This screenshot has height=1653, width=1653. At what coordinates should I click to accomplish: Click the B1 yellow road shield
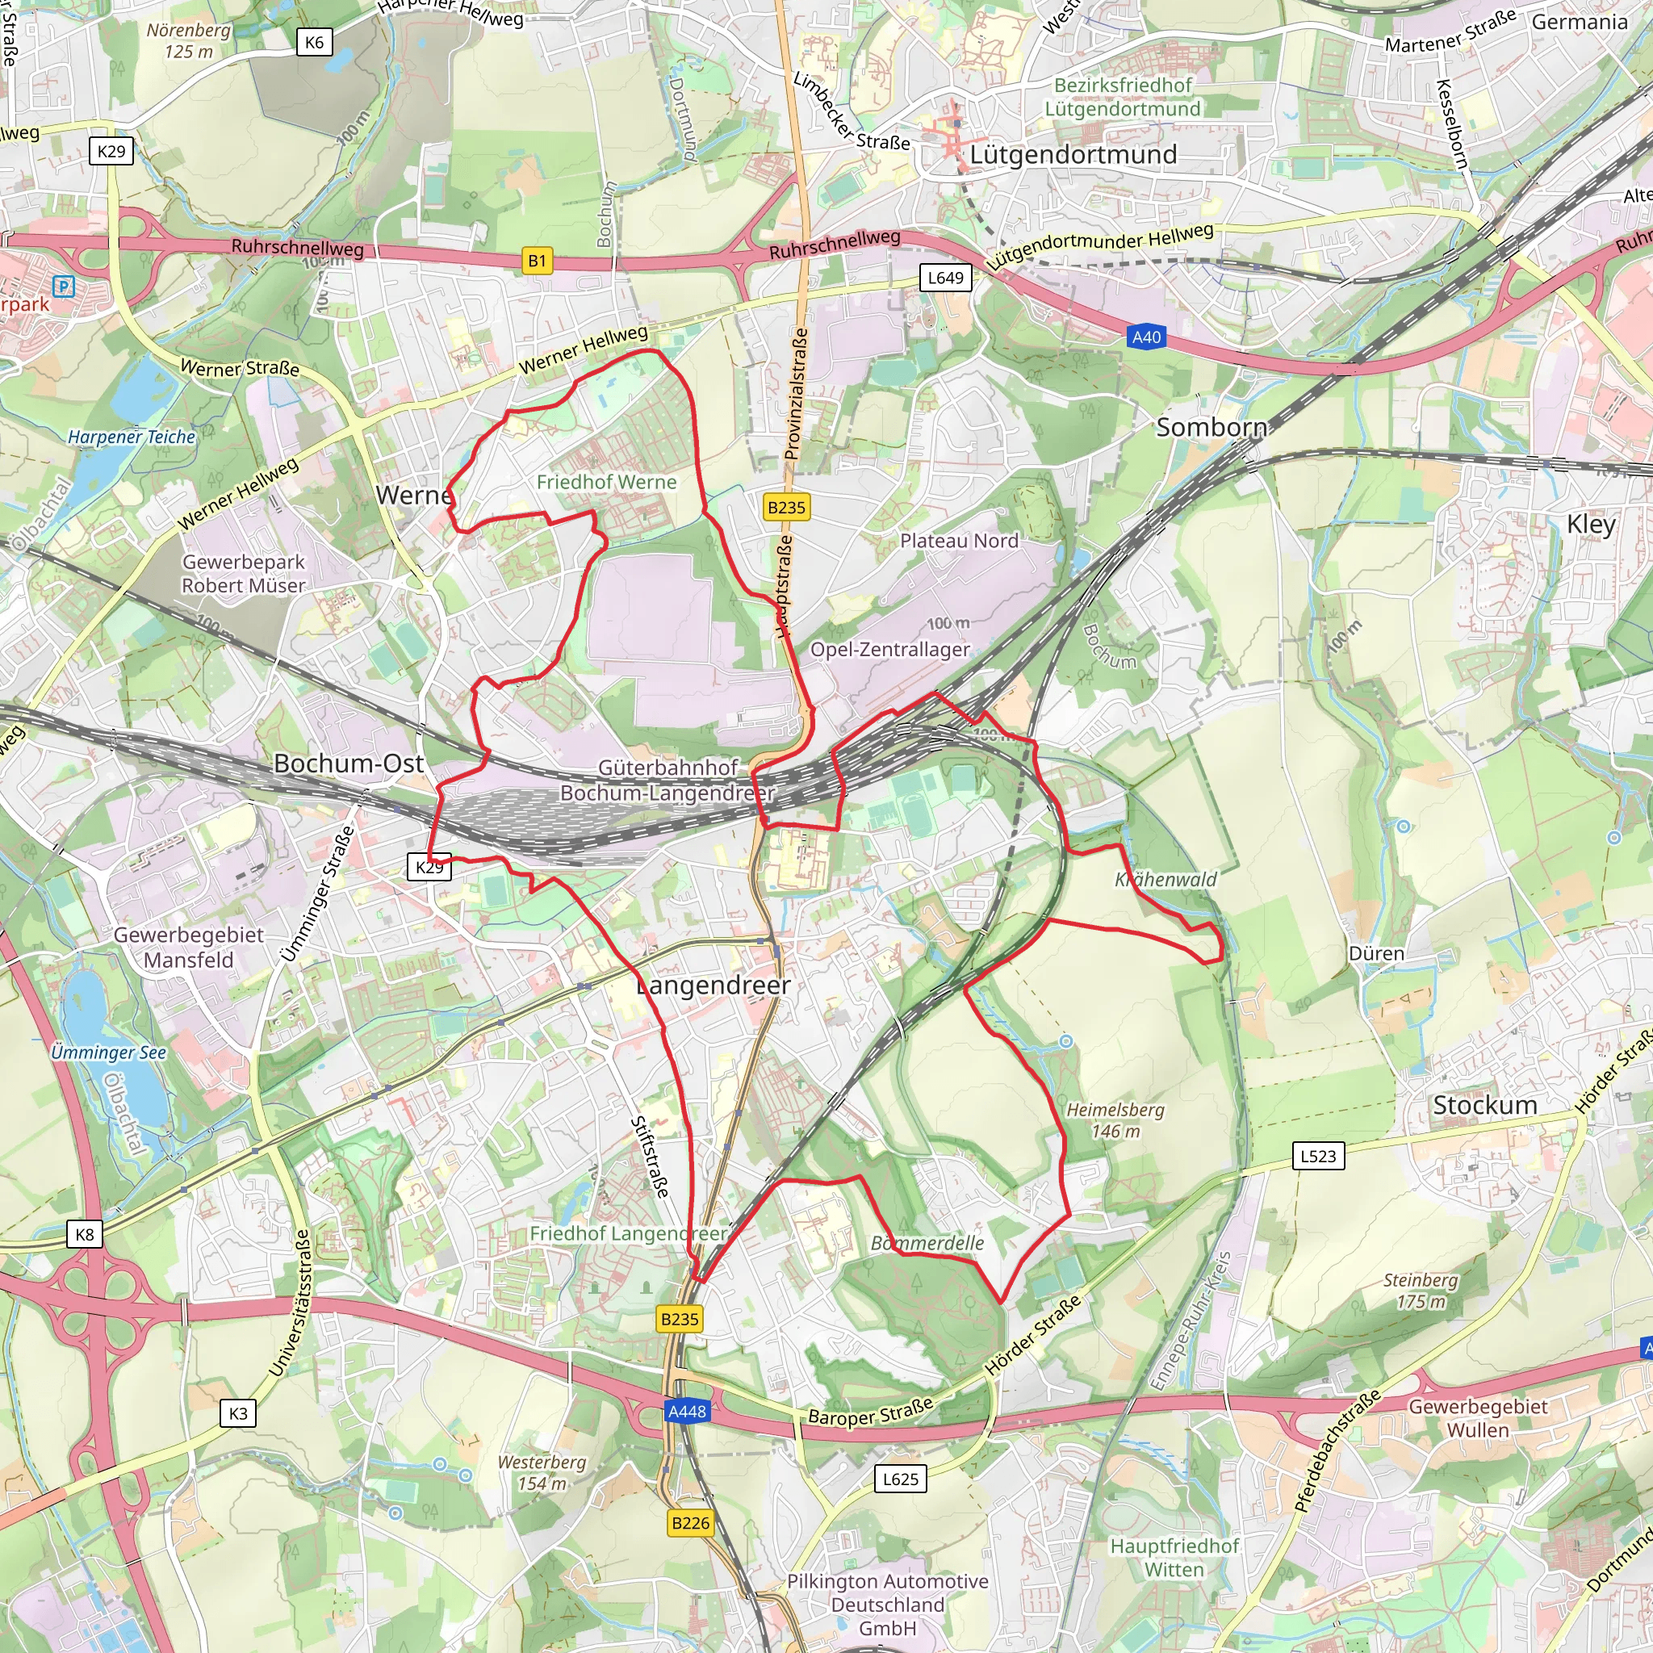pos(537,261)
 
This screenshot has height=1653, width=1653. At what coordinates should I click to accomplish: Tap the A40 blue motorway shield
pos(1146,337)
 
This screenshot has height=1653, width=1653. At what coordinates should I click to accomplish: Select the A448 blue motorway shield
pos(686,1411)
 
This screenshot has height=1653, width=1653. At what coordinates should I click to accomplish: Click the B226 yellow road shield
pos(690,1523)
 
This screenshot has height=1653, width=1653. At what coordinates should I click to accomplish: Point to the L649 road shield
pos(945,277)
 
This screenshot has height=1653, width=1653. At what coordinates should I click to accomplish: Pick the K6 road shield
pos(314,42)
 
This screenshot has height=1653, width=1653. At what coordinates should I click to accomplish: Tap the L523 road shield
pos(1317,1156)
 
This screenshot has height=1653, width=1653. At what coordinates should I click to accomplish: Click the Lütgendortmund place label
pos(1073,155)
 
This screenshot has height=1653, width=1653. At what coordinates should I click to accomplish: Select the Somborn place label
pos(1211,427)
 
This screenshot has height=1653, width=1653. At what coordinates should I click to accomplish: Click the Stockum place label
pos(1484,1105)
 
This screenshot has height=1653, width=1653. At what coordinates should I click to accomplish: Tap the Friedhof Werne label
pos(606,482)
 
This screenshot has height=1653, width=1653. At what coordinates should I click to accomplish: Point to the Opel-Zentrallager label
pos(889,650)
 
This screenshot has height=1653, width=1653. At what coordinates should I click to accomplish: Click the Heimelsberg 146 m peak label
pos(1115,1120)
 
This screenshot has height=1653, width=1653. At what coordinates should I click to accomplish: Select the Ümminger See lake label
pos(108,1052)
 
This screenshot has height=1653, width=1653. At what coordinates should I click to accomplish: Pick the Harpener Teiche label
pos(132,437)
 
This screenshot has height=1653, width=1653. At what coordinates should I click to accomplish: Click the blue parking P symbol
pos(63,286)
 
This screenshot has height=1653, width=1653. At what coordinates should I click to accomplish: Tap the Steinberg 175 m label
pos(1421,1291)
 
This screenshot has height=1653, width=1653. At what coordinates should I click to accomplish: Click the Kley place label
pos(1591,524)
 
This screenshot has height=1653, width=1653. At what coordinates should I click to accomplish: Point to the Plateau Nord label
pos(958,541)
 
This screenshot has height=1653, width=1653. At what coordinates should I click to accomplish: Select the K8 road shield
pos(85,1234)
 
